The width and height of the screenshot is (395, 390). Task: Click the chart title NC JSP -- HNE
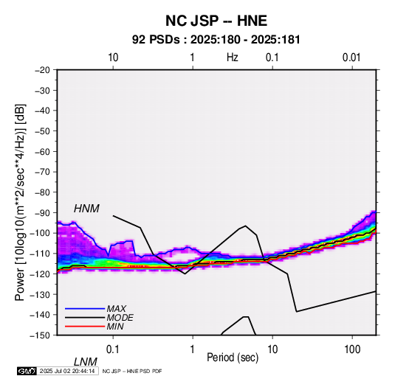click(x=216, y=21)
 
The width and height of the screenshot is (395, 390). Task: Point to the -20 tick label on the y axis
click(x=42, y=70)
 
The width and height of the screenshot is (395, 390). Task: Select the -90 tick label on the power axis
click(x=42, y=213)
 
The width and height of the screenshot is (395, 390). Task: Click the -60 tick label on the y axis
click(x=42, y=151)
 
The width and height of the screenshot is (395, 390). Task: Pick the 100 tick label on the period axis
click(x=352, y=349)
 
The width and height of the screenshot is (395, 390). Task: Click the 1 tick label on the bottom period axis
click(x=193, y=349)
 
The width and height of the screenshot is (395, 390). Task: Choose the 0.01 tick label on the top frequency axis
click(x=351, y=58)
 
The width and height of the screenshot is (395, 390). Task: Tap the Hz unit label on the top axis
click(x=233, y=58)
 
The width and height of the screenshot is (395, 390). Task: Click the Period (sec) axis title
click(x=233, y=358)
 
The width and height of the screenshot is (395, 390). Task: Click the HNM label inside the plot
click(x=86, y=209)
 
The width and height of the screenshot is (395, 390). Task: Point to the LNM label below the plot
click(x=85, y=362)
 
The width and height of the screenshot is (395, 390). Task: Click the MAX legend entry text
click(x=117, y=308)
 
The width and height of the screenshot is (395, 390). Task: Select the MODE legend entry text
click(x=120, y=318)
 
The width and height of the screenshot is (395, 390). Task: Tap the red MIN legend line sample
click(x=85, y=327)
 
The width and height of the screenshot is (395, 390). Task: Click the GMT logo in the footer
click(x=27, y=371)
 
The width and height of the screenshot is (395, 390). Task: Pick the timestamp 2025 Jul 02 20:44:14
click(x=67, y=371)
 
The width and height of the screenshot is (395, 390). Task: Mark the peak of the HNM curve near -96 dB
click(x=246, y=226)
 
